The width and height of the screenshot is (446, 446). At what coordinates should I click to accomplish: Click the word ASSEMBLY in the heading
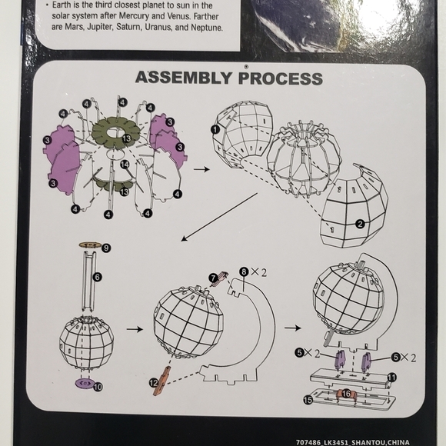(x=184, y=78)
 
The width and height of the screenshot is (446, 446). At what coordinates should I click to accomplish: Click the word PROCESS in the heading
(x=281, y=78)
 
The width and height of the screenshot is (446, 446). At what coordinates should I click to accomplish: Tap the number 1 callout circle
(x=215, y=129)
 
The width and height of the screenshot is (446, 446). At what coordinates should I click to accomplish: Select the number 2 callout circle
(x=360, y=224)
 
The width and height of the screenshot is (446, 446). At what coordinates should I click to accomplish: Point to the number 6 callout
(x=98, y=277)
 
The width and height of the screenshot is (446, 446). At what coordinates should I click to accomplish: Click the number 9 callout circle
(x=106, y=248)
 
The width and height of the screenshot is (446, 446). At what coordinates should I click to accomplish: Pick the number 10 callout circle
(x=98, y=387)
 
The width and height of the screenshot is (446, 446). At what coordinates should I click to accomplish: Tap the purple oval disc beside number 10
(x=85, y=383)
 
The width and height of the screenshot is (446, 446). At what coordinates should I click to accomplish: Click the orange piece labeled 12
(x=162, y=381)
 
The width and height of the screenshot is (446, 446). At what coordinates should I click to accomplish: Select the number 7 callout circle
(x=213, y=278)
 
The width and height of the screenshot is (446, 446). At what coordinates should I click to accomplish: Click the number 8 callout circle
(x=244, y=272)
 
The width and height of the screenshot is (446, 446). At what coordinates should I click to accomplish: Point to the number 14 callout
(x=125, y=164)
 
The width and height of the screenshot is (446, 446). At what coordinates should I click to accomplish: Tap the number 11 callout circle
(x=391, y=378)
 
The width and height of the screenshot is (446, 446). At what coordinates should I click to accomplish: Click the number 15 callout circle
(x=308, y=400)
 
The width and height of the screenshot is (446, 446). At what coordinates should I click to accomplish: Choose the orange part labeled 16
(x=346, y=394)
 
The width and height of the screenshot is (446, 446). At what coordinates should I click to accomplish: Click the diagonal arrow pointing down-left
(x=219, y=217)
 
